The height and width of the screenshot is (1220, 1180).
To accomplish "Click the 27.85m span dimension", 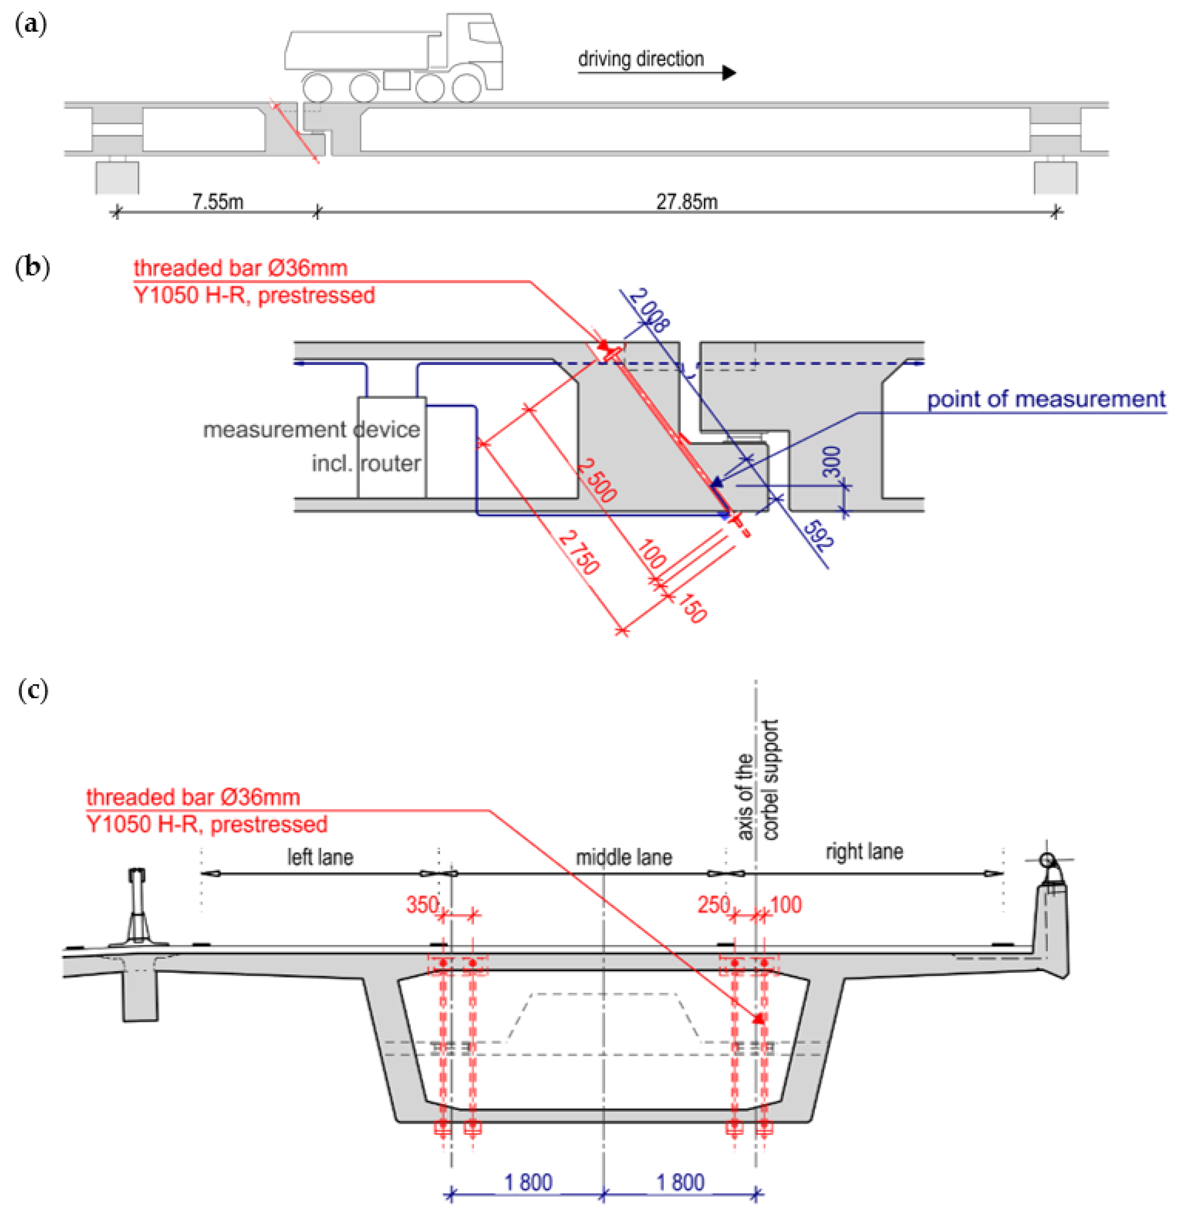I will click(687, 202).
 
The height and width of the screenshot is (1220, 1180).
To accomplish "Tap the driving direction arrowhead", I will click(729, 73).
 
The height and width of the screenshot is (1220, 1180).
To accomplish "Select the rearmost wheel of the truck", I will click(317, 88).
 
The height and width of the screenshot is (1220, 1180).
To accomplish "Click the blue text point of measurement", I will click(1046, 399).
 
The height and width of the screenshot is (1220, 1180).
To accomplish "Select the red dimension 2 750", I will click(579, 552).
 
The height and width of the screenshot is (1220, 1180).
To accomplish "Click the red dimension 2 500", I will click(596, 480).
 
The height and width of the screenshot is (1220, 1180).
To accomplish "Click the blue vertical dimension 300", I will click(832, 461).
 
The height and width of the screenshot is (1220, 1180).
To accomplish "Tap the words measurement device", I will click(311, 430).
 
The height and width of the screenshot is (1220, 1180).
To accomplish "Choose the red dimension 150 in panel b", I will click(692, 608).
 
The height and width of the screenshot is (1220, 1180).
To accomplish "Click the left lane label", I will click(320, 857).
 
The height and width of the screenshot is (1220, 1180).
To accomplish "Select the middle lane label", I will click(624, 857).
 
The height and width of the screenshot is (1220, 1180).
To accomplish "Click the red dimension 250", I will click(713, 904).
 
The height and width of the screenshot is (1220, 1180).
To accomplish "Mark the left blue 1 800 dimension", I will click(528, 1182).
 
